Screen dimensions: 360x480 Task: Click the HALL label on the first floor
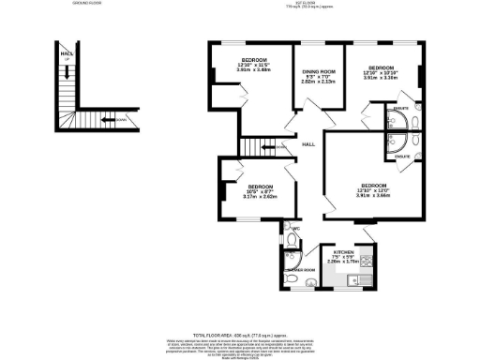point(307,144)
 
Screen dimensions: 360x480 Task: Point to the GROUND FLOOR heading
point(86,4)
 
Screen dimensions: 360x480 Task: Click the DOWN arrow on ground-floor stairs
point(106,119)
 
